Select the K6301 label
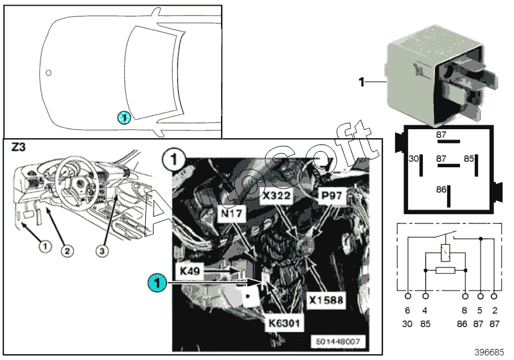tap(283, 323)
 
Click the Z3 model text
tap(20, 148)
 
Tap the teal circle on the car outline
tap(123, 117)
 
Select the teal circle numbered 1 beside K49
tap(156, 282)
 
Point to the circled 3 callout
tap(104, 249)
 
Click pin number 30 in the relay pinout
tap(414, 158)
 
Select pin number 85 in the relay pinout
tap(469, 158)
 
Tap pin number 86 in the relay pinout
tap(441, 190)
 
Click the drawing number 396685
tap(490, 352)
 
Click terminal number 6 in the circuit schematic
tap(407, 312)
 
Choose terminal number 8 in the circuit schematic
tap(465, 312)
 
